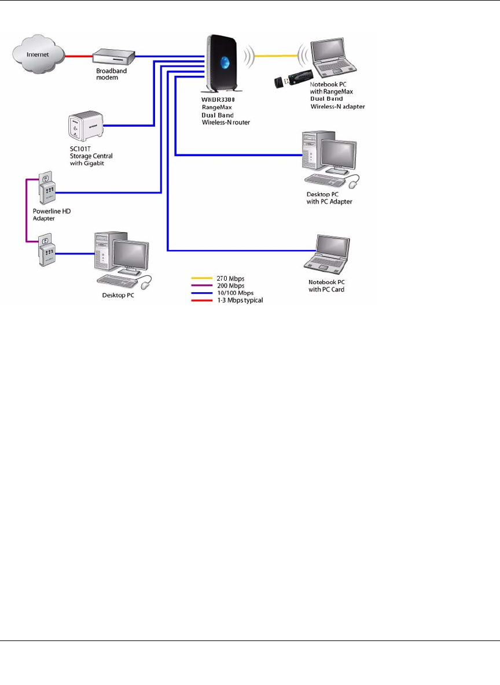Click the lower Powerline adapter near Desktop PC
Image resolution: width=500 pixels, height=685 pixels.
(x=47, y=249)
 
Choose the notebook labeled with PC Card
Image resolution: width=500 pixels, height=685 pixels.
(x=328, y=254)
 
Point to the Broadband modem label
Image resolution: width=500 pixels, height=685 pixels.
(x=107, y=74)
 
